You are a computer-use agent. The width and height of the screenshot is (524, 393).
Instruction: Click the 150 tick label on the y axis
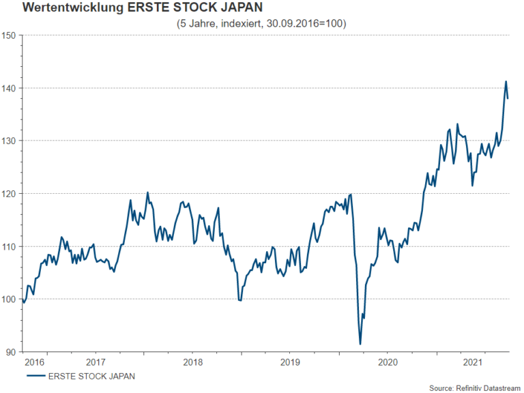(9, 35)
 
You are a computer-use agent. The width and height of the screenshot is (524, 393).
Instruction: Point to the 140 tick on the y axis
(9, 88)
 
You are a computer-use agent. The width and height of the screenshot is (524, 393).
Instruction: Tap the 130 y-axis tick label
(9, 141)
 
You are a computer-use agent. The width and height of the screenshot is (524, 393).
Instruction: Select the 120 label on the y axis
(9, 193)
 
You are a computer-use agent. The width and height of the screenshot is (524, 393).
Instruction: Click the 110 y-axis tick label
(9, 246)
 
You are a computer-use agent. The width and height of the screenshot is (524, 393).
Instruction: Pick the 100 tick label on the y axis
(9, 299)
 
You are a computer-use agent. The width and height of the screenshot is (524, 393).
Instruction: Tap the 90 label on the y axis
(11, 352)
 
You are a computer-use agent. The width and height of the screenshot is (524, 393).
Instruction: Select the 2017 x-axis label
(96, 362)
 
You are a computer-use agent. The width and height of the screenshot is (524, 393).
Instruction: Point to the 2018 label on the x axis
(193, 362)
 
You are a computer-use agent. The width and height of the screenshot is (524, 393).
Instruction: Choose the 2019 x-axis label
(290, 362)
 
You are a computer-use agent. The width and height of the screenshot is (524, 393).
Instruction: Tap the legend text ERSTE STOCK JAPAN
(91, 375)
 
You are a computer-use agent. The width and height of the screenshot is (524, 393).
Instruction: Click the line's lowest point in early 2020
(360, 344)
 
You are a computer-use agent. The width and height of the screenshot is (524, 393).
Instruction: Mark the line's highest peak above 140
(506, 82)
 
